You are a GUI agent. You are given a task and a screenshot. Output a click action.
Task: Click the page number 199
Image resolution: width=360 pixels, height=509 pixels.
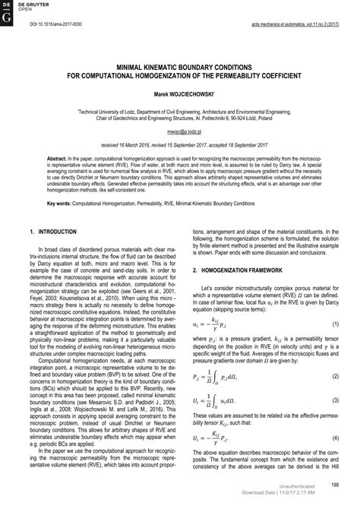(x=334, y=483)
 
